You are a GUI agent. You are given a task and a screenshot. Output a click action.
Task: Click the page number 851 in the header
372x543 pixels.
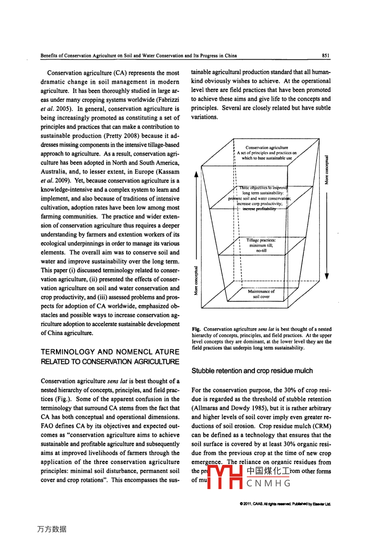(x=325, y=56)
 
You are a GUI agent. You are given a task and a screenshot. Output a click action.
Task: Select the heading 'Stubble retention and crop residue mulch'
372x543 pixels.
(x=252, y=371)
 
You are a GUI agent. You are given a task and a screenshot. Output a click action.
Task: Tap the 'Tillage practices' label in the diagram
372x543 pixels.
(x=261, y=240)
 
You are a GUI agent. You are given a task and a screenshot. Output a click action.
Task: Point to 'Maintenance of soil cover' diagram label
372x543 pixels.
(x=261, y=294)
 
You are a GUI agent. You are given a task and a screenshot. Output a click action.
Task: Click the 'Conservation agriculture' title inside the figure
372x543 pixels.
(x=267, y=148)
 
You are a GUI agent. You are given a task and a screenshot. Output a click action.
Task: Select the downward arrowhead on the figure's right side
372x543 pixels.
(x=327, y=276)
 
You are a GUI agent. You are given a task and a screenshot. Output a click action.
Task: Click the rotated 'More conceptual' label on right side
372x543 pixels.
(x=326, y=169)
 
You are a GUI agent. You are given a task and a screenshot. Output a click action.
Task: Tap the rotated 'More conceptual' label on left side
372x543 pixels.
(x=196, y=281)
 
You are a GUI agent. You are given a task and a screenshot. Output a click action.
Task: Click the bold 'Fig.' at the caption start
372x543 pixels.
(x=196, y=329)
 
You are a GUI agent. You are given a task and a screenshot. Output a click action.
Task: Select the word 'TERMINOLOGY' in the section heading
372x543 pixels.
(x=67, y=352)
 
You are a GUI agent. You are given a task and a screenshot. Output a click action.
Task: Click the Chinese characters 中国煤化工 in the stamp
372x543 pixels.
(x=268, y=471)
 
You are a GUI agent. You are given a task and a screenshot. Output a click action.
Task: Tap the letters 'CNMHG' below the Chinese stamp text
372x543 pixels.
(x=269, y=483)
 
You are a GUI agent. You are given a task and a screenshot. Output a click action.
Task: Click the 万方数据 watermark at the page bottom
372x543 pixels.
(x=51, y=529)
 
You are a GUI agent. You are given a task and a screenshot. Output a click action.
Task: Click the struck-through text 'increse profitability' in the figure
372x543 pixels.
(x=259, y=209)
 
